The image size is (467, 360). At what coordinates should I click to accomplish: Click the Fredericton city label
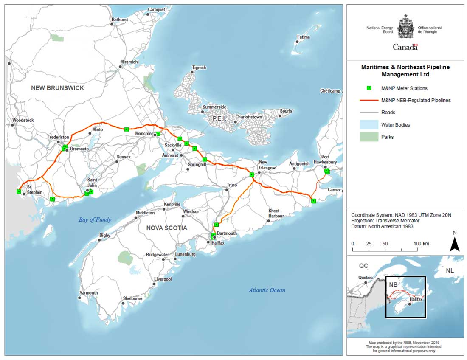(58, 137)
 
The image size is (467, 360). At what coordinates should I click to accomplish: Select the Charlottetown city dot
(235, 122)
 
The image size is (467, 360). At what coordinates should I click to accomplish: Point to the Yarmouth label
(89, 293)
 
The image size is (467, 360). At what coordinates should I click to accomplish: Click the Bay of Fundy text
(95, 219)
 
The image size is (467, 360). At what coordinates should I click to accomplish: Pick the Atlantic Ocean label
(267, 290)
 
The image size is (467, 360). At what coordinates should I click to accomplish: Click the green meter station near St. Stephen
(19, 191)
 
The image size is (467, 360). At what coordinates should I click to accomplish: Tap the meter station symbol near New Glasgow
(252, 174)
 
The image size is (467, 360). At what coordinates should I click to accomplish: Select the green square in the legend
(369, 88)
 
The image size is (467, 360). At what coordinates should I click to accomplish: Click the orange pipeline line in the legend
(369, 101)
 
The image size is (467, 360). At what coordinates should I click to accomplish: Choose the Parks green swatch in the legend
(369, 137)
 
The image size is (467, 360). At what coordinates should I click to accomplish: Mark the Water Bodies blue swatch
(369, 125)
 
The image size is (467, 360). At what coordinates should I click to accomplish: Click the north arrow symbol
(455, 244)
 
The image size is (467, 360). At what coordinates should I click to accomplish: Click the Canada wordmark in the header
(405, 47)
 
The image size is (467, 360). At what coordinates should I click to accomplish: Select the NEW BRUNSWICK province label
(57, 88)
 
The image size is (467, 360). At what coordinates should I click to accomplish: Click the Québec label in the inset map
(365, 278)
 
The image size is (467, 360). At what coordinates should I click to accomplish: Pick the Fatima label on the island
(304, 37)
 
